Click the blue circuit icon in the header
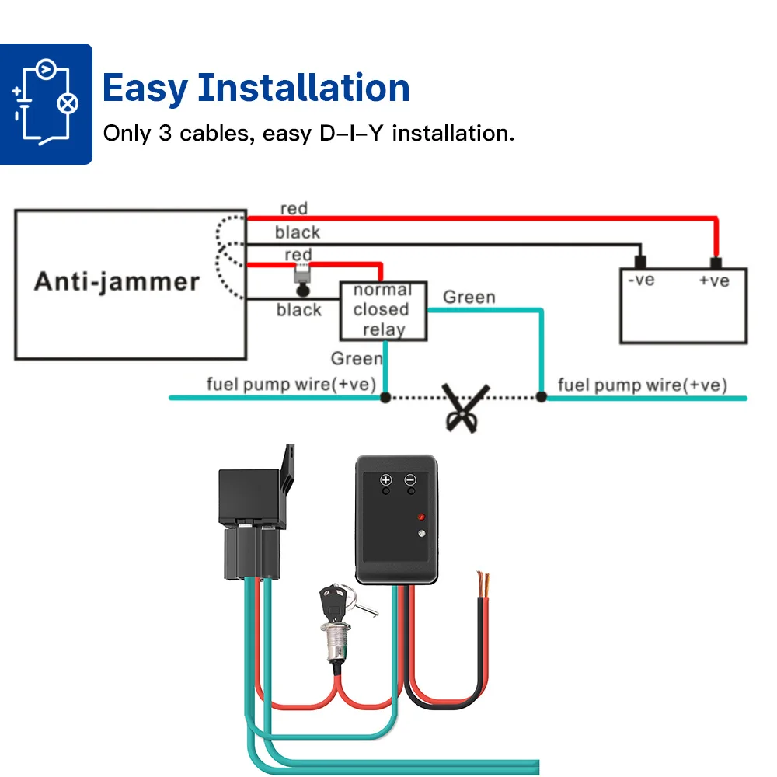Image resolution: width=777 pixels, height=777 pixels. click(46, 103)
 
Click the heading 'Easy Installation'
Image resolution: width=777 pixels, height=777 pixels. click(256, 88)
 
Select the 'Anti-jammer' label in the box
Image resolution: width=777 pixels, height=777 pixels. click(117, 281)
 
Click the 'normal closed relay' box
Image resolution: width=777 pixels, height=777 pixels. click(383, 310)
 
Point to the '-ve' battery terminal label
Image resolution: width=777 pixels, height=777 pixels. click(642, 280)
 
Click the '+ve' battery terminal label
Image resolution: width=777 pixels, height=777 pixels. click(713, 280)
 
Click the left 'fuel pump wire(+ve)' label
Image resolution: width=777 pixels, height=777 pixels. click(291, 384)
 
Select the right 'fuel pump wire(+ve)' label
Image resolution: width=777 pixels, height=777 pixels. click(642, 385)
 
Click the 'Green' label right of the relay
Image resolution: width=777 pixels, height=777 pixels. click(469, 298)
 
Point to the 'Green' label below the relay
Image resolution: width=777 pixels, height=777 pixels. click(356, 358)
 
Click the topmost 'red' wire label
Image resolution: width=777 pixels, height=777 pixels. click(294, 208)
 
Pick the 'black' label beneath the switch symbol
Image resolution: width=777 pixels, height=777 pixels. click(298, 310)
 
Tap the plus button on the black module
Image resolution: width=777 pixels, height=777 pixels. click(385, 480)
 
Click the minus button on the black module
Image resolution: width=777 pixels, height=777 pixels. click(410, 480)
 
